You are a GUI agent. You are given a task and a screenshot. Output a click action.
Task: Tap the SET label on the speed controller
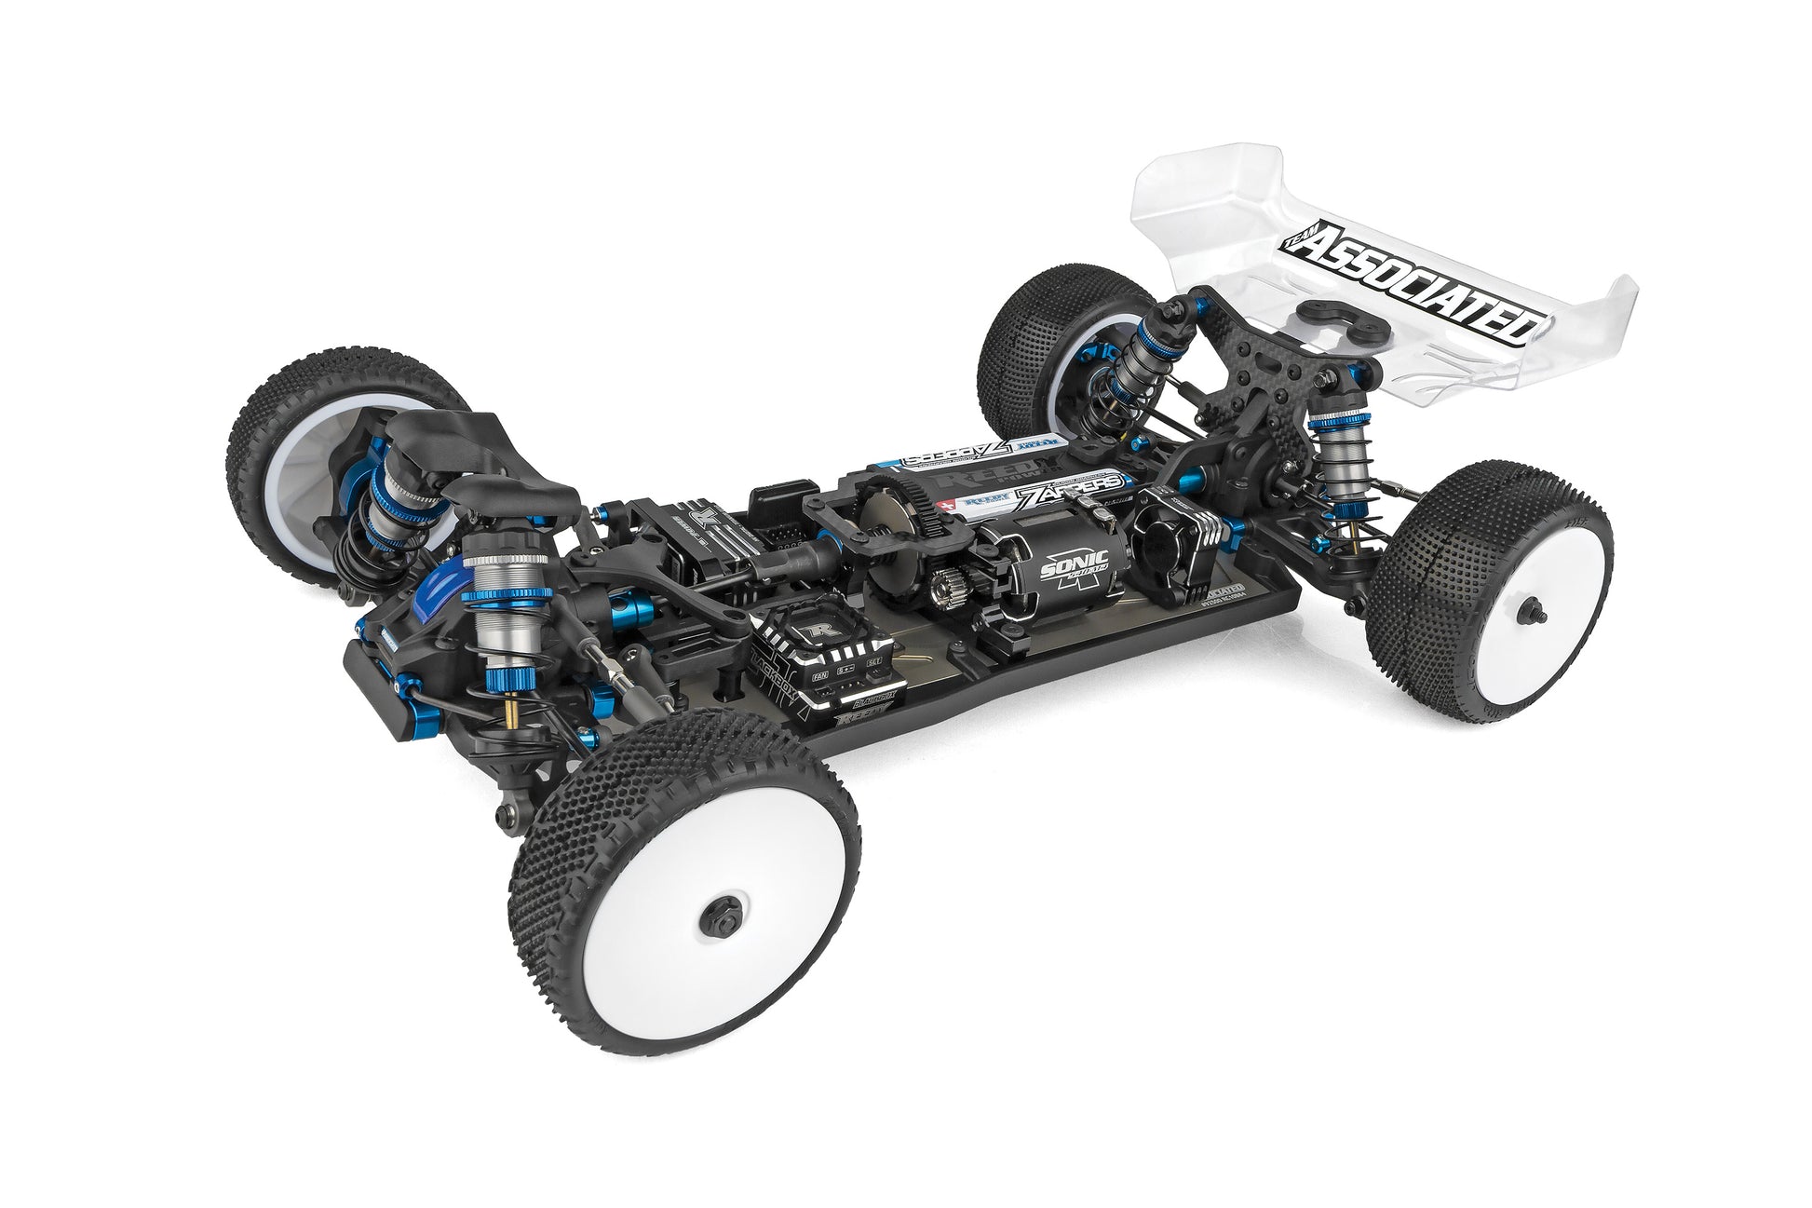pos(872,662)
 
